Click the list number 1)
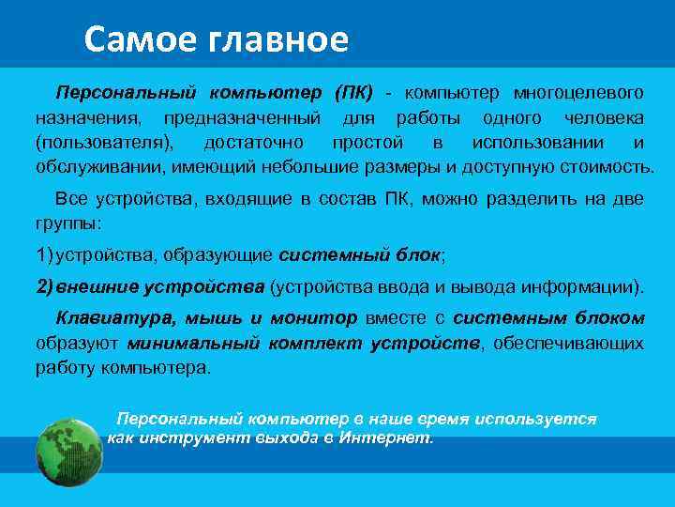pyautogui.click(x=47, y=254)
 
